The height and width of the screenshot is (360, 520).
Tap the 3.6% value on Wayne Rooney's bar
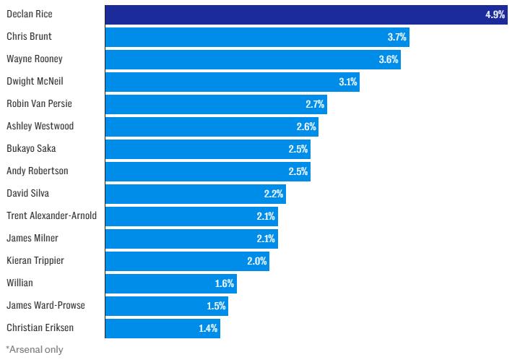[x=389, y=59]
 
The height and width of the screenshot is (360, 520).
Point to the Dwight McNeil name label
[x=34, y=82]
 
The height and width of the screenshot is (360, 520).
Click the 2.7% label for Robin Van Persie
[x=315, y=104]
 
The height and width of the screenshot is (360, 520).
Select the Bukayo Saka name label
[x=31, y=149]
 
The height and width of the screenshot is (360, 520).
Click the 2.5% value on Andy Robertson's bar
[x=298, y=171]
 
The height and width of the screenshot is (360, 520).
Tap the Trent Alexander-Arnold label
[x=51, y=216]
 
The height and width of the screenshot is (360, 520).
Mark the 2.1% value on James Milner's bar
[x=266, y=239]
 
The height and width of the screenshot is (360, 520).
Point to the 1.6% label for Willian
[x=225, y=283]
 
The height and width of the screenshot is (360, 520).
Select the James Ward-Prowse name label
[x=45, y=306]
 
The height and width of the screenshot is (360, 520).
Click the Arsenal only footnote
[x=35, y=350]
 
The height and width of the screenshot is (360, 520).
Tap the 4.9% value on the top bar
[x=495, y=14]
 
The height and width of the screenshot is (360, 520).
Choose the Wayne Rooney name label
[x=35, y=59]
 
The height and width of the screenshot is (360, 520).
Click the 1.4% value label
[x=208, y=328]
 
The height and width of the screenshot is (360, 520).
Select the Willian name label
[x=19, y=283]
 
